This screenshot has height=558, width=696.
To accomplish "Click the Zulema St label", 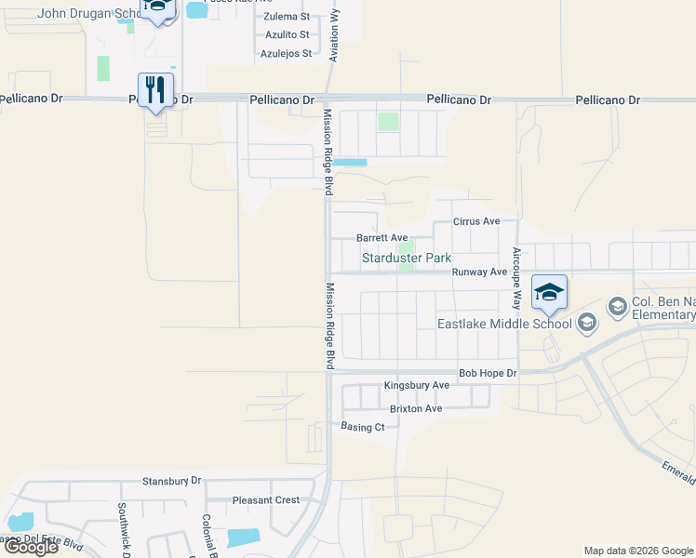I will pyautogui.click(x=287, y=17).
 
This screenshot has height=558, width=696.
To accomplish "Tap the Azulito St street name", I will pyautogui.click(x=286, y=35).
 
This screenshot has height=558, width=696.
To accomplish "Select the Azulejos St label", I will pyautogui.click(x=286, y=54).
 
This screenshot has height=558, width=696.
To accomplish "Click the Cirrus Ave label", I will pyautogui.click(x=476, y=221).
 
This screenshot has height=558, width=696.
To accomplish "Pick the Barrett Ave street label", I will pyautogui.click(x=382, y=238).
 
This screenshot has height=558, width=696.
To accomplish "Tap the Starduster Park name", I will pyautogui.click(x=406, y=258).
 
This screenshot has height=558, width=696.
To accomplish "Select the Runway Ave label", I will pyautogui.click(x=479, y=272).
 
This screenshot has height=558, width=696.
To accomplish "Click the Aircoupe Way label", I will pyautogui.click(x=517, y=278).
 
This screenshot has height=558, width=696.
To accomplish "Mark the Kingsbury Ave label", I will pyautogui.click(x=417, y=385).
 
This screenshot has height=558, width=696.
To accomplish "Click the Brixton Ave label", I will pyautogui.click(x=416, y=408).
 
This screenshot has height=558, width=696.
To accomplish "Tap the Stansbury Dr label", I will pyautogui.click(x=171, y=481).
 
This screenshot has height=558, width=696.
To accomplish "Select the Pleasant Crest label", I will pyautogui.click(x=266, y=499).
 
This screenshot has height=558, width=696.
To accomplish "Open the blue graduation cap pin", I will pyautogui.click(x=549, y=292).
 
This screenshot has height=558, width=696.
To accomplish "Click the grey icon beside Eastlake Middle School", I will pyautogui.click(x=586, y=324).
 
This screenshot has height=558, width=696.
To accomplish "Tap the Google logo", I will pyautogui.click(x=31, y=547).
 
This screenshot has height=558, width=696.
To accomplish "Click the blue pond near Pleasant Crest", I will pyautogui.click(x=244, y=538).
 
